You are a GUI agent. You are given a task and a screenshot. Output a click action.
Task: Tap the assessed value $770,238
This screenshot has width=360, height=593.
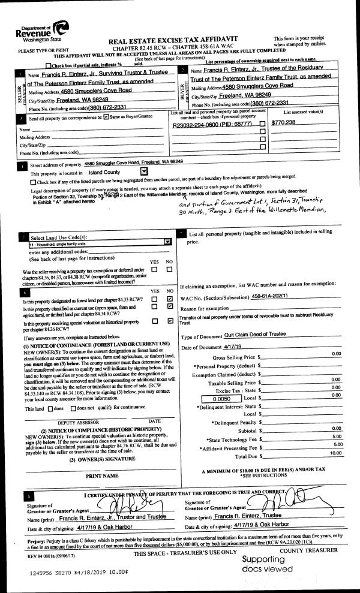[x=283, y=122]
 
